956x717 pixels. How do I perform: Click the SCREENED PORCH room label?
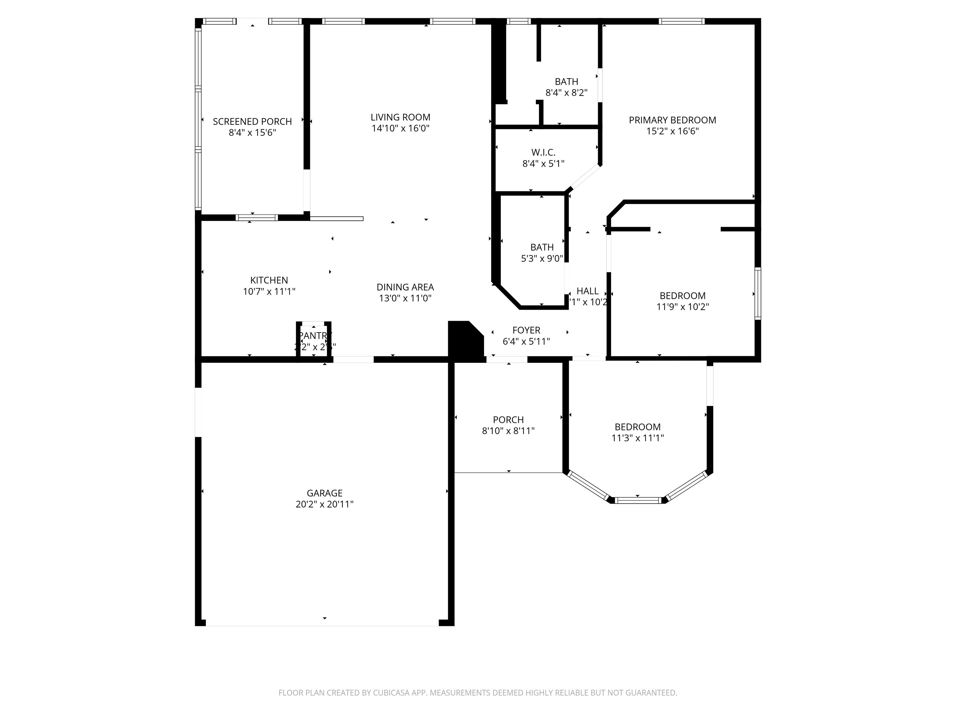click(x=252, y=121)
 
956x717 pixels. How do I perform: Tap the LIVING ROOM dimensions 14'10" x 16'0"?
click(x=400, y=128)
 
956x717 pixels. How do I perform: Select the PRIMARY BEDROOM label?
click(x=672, y=120)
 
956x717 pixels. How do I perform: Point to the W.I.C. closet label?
click(x=543, y=152)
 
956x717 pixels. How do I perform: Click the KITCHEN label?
click(x=269, y=280)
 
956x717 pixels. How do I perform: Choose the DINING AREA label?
click(x=405, y=287)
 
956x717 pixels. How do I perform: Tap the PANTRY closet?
click(x=314, y=340)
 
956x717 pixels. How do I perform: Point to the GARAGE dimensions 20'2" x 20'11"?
click(x=324, y=504)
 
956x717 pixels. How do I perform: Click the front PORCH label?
click(x=508, y=420)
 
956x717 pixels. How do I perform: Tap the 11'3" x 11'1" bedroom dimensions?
click(x=637, y=438)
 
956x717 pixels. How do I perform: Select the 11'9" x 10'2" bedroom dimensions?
click(x=682, y=307)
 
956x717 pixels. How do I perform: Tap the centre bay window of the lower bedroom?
click(x=638, y=500)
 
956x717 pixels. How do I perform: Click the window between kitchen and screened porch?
click(x=257, y=218)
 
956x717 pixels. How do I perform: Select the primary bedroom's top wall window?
click(x=682, y=21)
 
